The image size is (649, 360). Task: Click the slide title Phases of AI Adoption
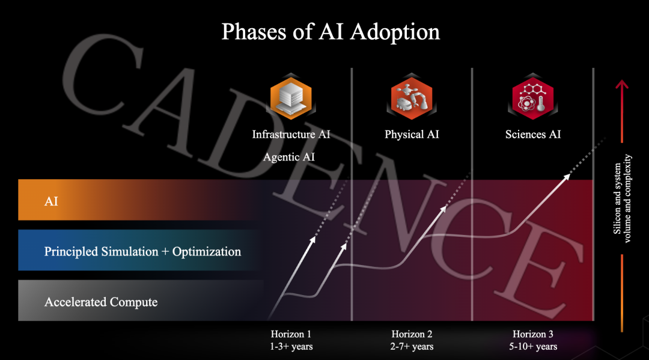[331, 32]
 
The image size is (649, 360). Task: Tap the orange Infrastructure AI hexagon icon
[291, 98]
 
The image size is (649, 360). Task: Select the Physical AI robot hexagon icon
[412, 98]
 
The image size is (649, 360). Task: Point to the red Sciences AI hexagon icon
[532, 98]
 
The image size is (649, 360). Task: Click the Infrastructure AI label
[291, 135]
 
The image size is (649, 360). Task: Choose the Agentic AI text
[289, 157]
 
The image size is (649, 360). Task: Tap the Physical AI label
[412, 135]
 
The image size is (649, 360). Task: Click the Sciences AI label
[532, 135]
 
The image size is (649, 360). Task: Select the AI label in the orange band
[51, 201]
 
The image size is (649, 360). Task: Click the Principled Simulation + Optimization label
[142, 252]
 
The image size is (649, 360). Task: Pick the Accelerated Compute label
[100, 302]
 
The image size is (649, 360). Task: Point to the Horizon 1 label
[291, 334]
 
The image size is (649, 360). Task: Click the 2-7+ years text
[412, 346]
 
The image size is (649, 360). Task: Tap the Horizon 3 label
[532, 334]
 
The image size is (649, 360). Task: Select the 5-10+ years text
[532, 346]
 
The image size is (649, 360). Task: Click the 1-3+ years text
[291, 346]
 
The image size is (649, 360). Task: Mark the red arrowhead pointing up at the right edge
[622, 84]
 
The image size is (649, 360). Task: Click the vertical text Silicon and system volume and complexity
[622, 198]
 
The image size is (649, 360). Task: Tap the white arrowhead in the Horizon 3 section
[567, 177]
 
